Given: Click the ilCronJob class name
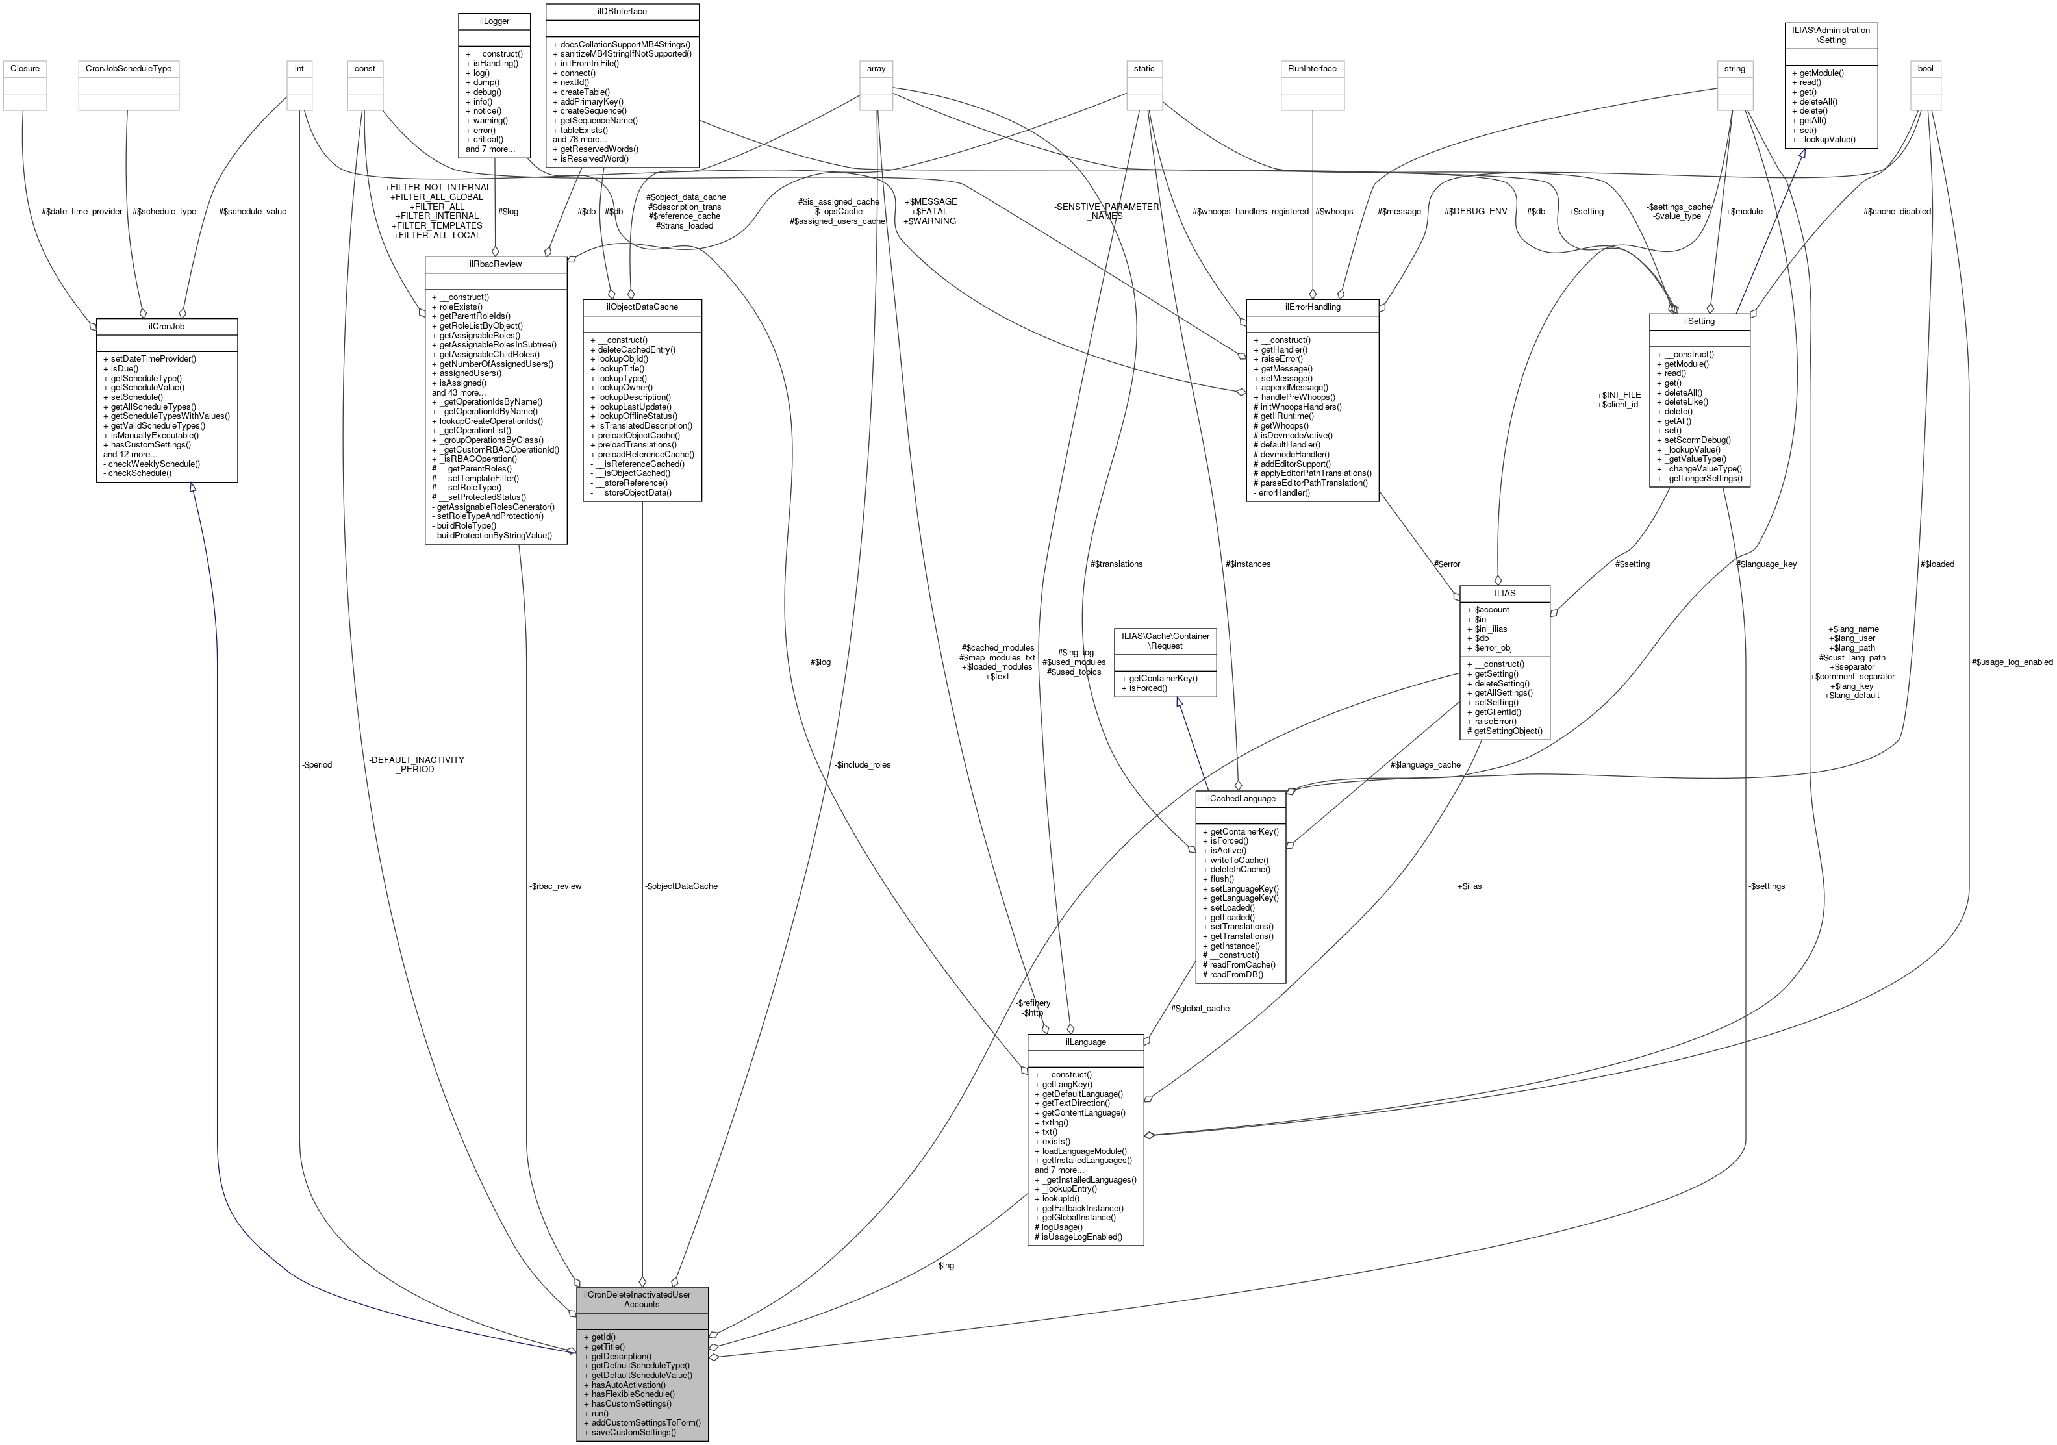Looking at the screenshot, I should click(x=167, y=326).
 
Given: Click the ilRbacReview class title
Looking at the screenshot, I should click(x=496, y=264).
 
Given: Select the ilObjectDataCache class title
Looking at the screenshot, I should click(x=642, y=307).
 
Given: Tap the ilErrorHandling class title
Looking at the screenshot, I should click(x=1311, y=307).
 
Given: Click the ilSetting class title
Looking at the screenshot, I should click(x=1698, y=321).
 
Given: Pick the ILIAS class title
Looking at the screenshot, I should click(x=1504, y=593).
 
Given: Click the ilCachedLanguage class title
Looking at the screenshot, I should click(x=1240, y=798).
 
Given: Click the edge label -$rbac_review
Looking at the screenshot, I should click(x=555, y=886).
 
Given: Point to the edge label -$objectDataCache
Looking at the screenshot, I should click(x=681, y=886).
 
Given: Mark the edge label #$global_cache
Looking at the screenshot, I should click(x=1200, y=1008).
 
